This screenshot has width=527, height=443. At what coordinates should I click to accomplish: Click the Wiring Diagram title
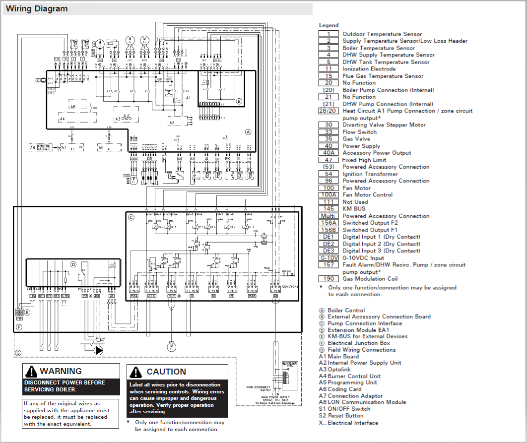tap(37, 8)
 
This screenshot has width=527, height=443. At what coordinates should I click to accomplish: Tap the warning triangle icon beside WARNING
tap(32, 371)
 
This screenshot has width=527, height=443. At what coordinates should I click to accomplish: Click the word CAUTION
tap(166, 372)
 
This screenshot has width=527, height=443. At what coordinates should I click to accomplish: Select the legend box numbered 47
tap(329, 160)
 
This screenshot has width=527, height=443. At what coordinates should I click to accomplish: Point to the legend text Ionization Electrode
tap(369, 69)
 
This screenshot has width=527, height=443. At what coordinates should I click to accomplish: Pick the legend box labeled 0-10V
tap(329, 257)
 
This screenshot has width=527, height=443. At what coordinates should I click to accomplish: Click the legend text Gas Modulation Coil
tap(370, 279)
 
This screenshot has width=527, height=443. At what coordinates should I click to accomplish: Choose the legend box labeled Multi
tap(329, 216)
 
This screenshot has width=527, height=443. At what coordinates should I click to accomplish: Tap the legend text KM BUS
tap(354, 209)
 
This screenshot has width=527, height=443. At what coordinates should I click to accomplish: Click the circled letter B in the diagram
tap(239, 102)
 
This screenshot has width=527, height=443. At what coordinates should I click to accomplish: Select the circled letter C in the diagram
tap(131, 217)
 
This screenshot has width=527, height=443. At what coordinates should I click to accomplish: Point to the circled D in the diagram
tap(73, 264)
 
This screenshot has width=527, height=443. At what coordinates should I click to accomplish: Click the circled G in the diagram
tap(18, 353)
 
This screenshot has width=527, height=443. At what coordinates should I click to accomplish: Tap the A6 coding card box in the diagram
tap(73, 107)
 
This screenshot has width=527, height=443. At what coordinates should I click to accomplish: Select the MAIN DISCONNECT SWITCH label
tap(259, 388)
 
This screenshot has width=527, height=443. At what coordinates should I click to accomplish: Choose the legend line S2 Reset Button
tap(341, 416)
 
